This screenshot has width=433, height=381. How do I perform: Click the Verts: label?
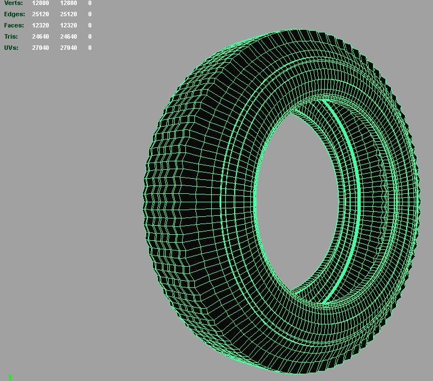13,3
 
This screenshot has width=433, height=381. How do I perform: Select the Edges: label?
15,14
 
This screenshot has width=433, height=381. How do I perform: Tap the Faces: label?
14,25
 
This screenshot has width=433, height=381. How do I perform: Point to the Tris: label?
11,36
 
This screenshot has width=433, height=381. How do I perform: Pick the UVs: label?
11,48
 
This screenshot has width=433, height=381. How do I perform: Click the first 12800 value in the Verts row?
40,3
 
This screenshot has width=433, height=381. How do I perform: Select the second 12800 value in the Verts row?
68,3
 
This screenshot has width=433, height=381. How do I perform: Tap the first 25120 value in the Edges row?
40,14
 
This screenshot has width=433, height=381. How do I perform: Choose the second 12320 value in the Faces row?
68,25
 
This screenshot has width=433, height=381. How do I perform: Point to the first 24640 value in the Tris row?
40,36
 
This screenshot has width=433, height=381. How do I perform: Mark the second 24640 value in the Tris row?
68,36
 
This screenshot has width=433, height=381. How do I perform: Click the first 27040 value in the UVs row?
40,48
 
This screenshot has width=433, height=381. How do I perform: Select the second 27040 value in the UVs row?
68,48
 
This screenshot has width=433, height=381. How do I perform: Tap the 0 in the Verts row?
90,3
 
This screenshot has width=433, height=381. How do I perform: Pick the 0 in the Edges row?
90,14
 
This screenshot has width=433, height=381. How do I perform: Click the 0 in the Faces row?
90,25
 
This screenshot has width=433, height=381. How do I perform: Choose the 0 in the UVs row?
90,48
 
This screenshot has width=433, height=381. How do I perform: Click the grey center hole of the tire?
297,202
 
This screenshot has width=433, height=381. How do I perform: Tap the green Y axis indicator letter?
10,377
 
